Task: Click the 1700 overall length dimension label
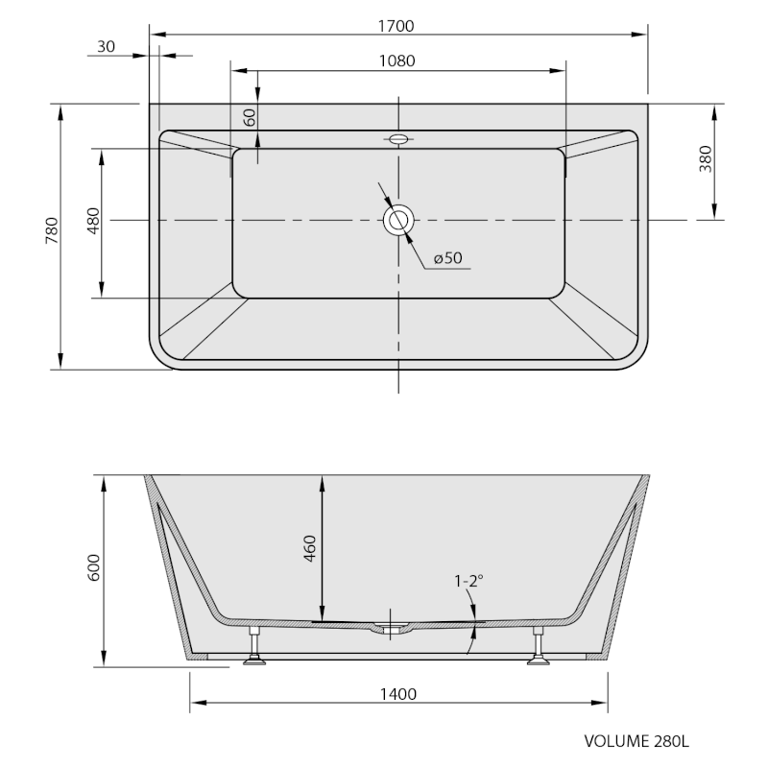click(x=396, y=26)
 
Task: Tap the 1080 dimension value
click(x=396, y=60)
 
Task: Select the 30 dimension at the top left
click(x=106, y=46)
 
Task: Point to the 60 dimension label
click(x=250, y=117)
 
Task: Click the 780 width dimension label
click(x=52, y=230)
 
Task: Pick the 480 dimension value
click(x=92, y=221)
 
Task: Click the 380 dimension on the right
click(x=706, y=158)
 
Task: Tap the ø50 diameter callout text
click(x=447, y=257)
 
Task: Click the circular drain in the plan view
click(x=398, y=220)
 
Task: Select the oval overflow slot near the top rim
click(x=398, y=139)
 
